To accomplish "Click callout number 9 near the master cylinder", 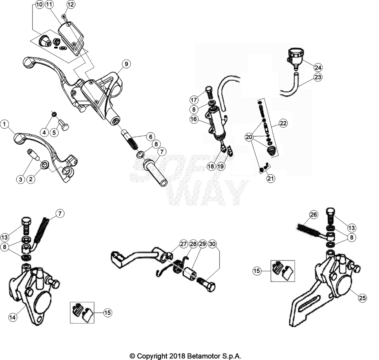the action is (126, 64).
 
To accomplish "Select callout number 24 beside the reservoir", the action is (318, 67).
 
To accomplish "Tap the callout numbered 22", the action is (283, 123).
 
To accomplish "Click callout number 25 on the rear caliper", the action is (362, 298).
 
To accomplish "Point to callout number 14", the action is (13, 317).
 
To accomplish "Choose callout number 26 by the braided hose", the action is (313, 215).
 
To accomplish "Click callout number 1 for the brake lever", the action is (4, 124).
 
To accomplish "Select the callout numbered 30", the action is (212, 244).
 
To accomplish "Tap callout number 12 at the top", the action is (71, 4).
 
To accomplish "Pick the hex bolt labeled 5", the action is (64, 125).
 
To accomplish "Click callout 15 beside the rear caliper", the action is (257, 271).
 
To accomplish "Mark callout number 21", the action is (271, 179).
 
